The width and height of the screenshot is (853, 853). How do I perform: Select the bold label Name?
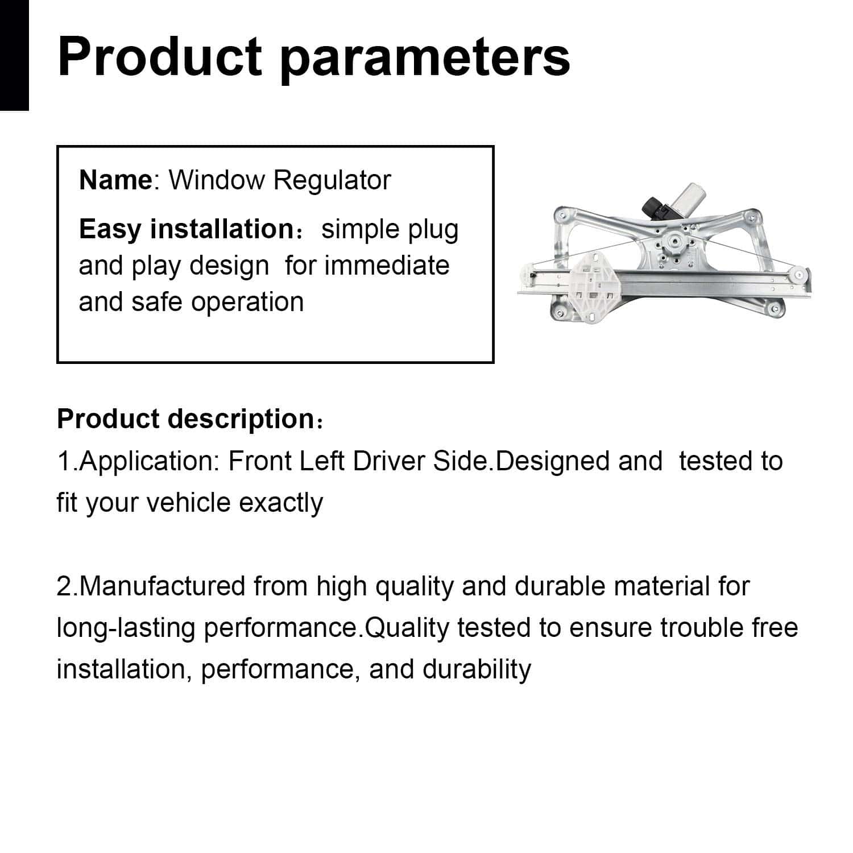pos(115,180)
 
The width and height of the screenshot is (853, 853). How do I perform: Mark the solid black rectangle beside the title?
pos(14,55)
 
